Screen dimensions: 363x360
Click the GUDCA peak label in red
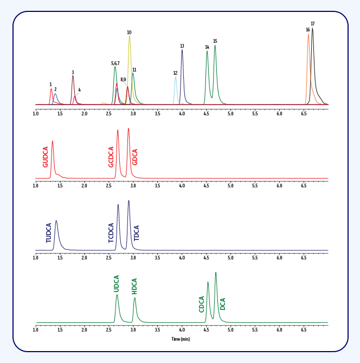click(x=46, y=157)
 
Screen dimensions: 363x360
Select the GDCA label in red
click(x=136, y=157)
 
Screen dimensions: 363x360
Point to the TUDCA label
click(x=49, y=232)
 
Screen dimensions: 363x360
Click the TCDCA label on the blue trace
click(x=111, y=232)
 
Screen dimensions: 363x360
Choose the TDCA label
click(x=137, y=233)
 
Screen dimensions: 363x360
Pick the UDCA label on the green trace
click(x=117, y=283)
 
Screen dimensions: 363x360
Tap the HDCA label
click(x=134, y=286)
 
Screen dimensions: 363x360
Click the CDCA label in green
click(x=202, y=304)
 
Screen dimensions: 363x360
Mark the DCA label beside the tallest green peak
click(x=223, y=304)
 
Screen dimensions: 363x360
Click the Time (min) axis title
click(x=181, y=339)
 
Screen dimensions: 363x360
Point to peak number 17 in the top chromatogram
click(x=313, y=24)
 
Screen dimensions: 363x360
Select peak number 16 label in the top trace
click(x=307, y=30)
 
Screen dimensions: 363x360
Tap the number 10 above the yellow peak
click(x=129, y=33)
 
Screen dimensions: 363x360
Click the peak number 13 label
click(x=182, y=46)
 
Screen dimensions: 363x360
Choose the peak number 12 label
click(x=175, y=73)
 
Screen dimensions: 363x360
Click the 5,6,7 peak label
click(x=115, y=63)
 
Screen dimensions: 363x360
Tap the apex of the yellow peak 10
click(x=129, y=37)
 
